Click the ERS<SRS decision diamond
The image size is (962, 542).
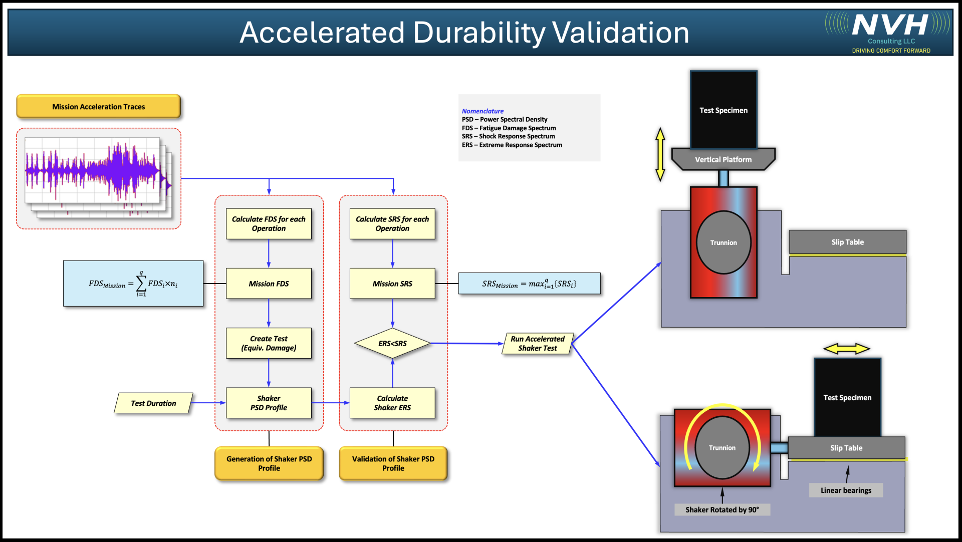point(392,344)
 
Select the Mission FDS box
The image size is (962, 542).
point(269,284)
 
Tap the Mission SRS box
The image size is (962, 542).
point(392,284)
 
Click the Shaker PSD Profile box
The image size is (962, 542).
point(269,403)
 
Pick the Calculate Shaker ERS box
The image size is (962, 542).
point(392,403)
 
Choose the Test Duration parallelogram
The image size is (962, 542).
point(153,403)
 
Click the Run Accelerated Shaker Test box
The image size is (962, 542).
point(537,344)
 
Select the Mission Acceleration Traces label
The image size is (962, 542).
point(99,107)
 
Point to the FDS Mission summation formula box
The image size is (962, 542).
point(133,284)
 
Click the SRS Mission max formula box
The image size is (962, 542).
point(529,284)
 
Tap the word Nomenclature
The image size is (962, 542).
point(483,111)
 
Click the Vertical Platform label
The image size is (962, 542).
point(723,160)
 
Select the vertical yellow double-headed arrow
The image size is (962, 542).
point(660,154)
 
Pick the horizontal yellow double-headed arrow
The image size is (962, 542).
point(847,349)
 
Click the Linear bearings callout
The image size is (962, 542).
point(846,490)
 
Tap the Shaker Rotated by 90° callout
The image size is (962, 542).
point(722,510)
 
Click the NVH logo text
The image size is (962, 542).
point(890,25)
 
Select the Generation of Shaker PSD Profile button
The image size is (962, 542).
point(269,463)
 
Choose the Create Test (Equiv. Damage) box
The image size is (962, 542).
point(269,343)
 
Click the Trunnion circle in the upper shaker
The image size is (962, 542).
point(724,242)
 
